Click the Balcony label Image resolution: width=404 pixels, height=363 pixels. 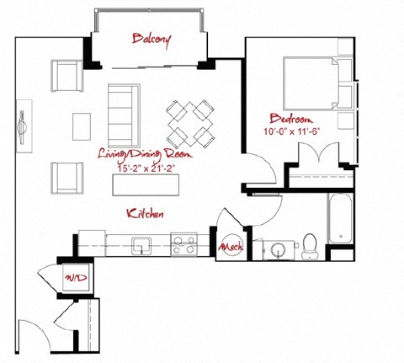point(152,39)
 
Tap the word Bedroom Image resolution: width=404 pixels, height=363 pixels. point(291,118)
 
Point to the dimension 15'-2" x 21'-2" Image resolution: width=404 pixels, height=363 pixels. point(144,166)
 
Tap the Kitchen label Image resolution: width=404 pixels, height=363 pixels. point(144,212)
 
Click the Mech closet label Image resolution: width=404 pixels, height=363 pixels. point(230,248)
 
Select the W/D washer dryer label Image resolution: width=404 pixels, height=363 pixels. point(72,277)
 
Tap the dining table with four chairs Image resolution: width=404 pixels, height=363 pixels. point(190,124)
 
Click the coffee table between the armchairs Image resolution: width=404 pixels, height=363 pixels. point(82,126)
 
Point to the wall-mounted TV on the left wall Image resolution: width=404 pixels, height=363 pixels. point(24,127)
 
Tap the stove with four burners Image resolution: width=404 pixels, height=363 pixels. point(183,244)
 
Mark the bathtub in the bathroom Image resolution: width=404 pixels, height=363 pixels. point(339,218)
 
